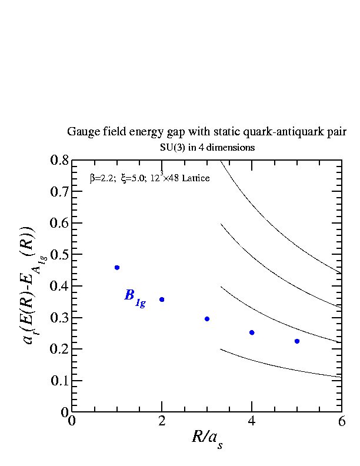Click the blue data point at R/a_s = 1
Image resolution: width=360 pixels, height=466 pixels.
(117, 268)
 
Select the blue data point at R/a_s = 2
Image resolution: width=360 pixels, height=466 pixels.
(162, 299)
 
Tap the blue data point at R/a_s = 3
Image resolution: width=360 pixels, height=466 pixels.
(206, 319)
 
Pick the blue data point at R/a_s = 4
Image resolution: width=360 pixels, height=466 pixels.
(252, 332)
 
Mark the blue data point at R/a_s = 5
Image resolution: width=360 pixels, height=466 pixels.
(297, 341)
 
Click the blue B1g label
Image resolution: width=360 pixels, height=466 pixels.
(135, 297)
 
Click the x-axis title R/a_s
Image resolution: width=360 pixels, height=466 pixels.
(207, 438)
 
